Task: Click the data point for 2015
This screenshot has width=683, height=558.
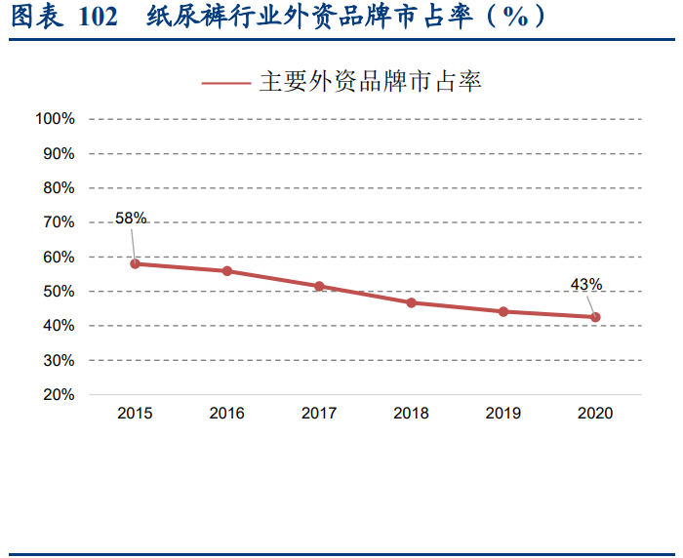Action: (135, 263)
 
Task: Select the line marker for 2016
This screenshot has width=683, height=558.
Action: (227, 271)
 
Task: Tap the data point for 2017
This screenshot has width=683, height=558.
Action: (319, 287)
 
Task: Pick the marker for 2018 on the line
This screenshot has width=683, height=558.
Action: (412, 302)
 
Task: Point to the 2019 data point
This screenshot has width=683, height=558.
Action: (503, 312)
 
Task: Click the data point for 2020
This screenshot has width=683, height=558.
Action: (595, 317)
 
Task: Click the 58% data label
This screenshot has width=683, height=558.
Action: (131, 219)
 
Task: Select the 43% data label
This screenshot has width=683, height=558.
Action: (586, 285)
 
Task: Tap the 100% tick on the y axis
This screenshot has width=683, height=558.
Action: (55, 119)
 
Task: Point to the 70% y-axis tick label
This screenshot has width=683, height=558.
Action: (59, 222)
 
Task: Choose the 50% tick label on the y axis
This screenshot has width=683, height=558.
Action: (59, 292)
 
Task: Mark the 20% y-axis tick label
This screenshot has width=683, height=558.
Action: (59, 395)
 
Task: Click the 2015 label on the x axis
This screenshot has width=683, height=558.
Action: (135, 414)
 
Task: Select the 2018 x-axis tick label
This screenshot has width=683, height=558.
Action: (412, 414)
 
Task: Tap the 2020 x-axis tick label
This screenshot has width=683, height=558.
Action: (595, 414)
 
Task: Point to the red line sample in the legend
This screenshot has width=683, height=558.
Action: (226, 83)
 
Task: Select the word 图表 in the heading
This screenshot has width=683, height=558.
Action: (32, 18)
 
